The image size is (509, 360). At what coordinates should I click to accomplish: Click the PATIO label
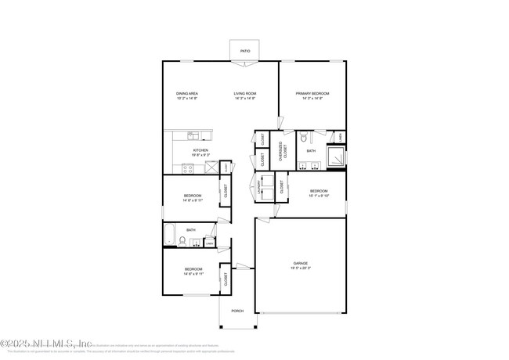(245, 51)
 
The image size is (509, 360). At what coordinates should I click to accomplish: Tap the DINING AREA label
(186, 93)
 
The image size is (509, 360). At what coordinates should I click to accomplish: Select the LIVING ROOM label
(245, 93)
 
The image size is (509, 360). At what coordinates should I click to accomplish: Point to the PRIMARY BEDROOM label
(312, 93)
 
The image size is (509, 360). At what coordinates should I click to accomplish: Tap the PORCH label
(237, 311)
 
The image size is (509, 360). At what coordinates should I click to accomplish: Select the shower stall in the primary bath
(335, 157)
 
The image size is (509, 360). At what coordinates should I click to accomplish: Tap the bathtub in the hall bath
(170, 233)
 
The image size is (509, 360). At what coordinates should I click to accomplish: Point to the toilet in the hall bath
(182, 241)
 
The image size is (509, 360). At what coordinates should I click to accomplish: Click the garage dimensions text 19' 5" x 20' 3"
(301, 268)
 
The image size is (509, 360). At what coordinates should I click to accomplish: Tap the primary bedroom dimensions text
(312, 99)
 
